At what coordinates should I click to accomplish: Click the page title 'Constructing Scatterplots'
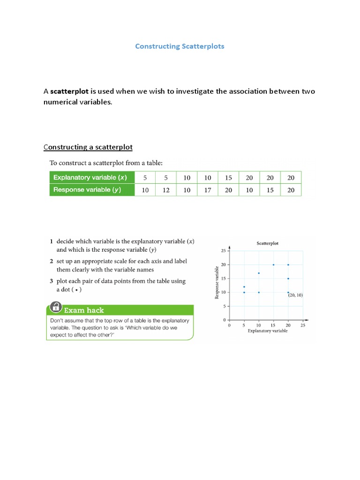pyautogui.click(x=180, y=46)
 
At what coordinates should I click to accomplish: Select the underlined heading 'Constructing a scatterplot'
pyautogui.click(x=88, y=147)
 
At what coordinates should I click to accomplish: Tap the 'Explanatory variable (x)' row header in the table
pyautogui.click(x=92, y=178)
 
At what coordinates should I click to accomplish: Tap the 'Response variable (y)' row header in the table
pyautogui.click(x=92, y=190)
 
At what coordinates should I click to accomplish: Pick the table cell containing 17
pyautogui.click(x=208, y=190)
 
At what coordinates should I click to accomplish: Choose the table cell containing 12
pyautogui.click(x=165, y=190)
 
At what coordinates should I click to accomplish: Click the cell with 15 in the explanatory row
pyautogui.click(x=229, y=178)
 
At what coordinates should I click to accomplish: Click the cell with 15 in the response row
pyautogui.click(x=270, y=190)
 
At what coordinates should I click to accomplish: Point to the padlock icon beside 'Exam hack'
pyautogui.click(x=55, y=307)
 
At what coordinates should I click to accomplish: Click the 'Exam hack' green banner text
pyautogui.click(x=83, y=310)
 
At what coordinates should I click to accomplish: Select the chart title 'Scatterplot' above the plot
pyautogui.click(x=267, y=243)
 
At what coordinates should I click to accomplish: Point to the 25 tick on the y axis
pyautogui.click(x=223, y=251)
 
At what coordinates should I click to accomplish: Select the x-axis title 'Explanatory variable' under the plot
pyautogui.click(x=267, y=330)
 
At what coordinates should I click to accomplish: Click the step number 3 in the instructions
pyautogui.click(x=52, y=281)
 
